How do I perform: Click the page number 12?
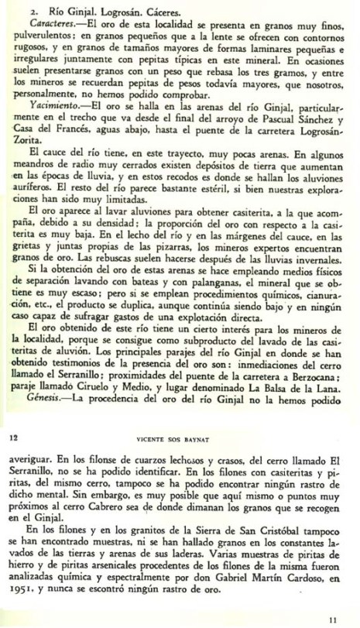pos(13,437)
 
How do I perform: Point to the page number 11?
pos(333,618)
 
